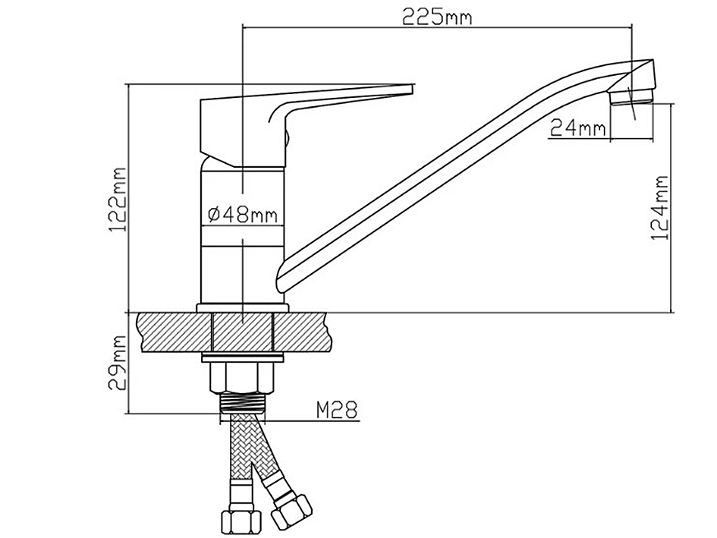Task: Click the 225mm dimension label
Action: tap(436, 17)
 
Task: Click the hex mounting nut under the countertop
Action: tap(242, 376)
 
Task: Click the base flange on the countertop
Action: tap(242, 307)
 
